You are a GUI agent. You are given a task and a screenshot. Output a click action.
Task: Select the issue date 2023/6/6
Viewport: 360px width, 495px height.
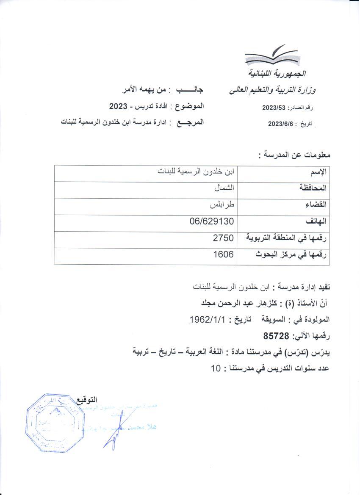pos(281,124)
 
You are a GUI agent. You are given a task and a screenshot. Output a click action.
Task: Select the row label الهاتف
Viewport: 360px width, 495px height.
pos(318,222)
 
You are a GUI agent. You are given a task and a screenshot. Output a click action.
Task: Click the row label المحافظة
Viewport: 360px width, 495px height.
pos(314,188)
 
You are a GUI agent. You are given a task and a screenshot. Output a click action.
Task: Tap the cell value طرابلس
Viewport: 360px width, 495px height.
pos(223,205)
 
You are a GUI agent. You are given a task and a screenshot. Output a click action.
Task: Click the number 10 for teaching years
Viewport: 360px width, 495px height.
pos(216,368)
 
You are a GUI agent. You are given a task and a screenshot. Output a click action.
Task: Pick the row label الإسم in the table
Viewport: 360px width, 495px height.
pos(320,172)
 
